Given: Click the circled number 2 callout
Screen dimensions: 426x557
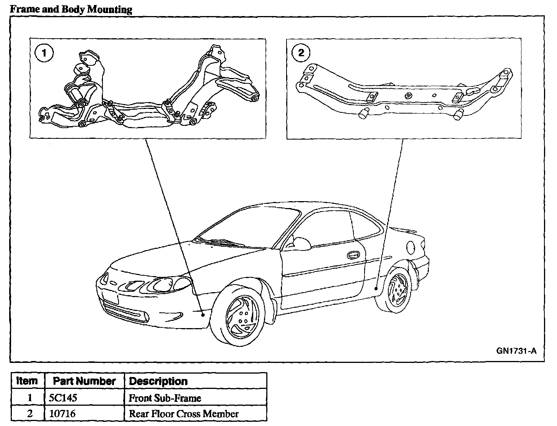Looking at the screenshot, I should (301, 53).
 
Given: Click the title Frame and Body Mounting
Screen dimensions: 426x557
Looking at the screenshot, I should (71, 9).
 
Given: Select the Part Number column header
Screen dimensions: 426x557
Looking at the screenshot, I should (84, 381).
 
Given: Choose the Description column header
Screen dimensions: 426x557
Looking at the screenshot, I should (158, 381).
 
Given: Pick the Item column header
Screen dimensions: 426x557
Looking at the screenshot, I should (28, 381).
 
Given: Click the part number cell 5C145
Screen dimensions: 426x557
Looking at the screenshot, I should (63, 398).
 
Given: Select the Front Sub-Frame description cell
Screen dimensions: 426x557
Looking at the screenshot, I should (165, 398).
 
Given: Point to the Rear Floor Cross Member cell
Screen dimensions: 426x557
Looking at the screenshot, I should (184, 414).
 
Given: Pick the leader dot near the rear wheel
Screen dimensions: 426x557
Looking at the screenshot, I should (376, 289).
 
